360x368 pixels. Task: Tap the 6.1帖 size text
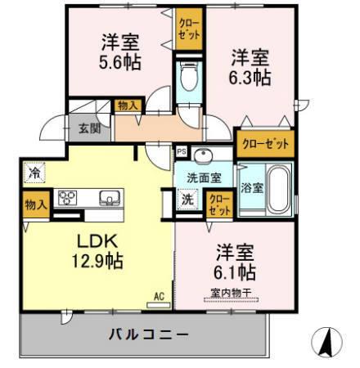click(236, 270)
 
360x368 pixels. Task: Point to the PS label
click(180, 152)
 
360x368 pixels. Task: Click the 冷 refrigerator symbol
click(34, 173)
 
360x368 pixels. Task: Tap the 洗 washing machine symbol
click(187, 199)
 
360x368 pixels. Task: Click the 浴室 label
click(252, 187)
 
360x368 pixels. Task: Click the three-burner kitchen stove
click(67, 199)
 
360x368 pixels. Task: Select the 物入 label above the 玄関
click(128, 105)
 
